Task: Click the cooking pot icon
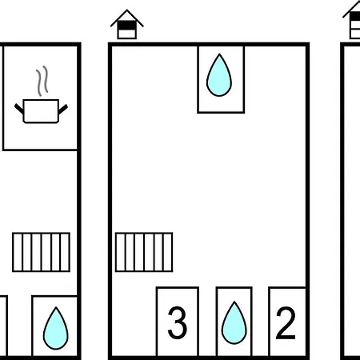tap(41, 111)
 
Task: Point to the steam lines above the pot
tap(42, 81)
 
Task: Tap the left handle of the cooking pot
tap(19, 109)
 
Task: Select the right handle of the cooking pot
tap(63, 109)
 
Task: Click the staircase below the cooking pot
tap(42, 252)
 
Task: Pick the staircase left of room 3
tap(144, 252)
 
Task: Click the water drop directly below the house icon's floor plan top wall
tap(219, 75)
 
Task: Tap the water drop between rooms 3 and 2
tap(234, 323)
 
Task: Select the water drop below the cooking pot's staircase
tap(56, 328)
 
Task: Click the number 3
tap(178, 322)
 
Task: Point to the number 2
tap(286, 322)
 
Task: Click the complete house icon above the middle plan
tap(127, 25)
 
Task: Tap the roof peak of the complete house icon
tap(127, 10)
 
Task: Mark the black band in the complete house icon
tap(127, 26)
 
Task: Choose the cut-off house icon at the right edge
tap(352, 20)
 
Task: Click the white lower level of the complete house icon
tap(127, 34)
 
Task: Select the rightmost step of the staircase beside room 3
tap(168, 252)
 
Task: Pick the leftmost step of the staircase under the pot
tap(18, 252)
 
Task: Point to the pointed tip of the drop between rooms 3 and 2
tap(234, 302)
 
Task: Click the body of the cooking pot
tap(41, 111)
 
